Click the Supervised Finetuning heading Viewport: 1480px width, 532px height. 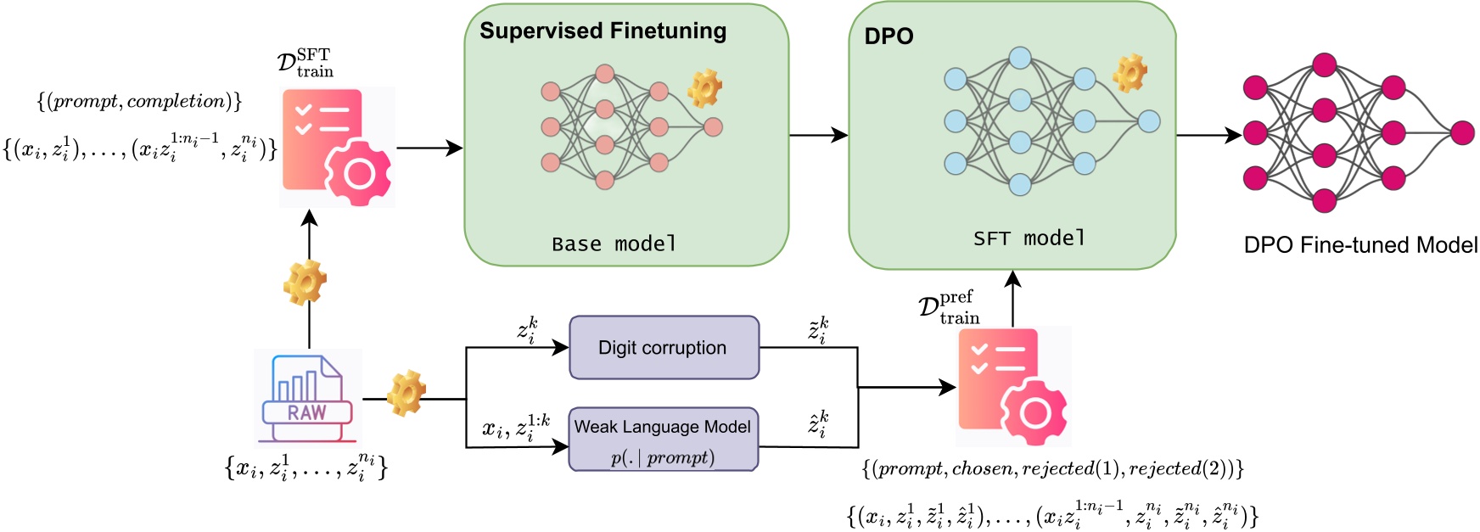pyautogui.click(x=603, y=31)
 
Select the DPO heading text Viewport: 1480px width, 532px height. pyautogui.click(x=889, y=36)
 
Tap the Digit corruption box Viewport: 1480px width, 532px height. pyautogui.click(x=664, y=348)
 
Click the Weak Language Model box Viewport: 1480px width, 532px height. pyautogui.click(x=663, y=440)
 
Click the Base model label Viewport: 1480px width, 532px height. pyautogui.click(x=614, y=244)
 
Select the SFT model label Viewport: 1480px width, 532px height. pyautogui.click(x=1029, y=238)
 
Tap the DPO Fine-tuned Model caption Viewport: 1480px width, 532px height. pyautogui.click(x=1359, y=245)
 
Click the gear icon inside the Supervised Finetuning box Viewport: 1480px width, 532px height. pyautogui.click(x=704, y=88)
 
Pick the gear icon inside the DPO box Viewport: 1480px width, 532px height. pyautogui.click(x=1130, y=73)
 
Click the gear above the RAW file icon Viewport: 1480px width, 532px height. pyautogui.click(x=305, y=283)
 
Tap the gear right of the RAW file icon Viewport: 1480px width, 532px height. pyautogui.click(x=406, y=393)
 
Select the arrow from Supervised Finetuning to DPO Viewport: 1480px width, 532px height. pyautogui.click(x=818, y=134)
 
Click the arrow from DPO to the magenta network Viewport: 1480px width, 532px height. pyautogui.click(x=1208, y=134)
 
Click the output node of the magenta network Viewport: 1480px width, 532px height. pyautogui.click(x=1462, y=132)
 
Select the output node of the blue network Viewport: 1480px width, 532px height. pyautogui.click(x=1149, y=121)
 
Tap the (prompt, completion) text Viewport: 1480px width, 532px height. pyautogui.click(x=140, y=102)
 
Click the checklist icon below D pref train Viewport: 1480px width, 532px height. pyautogui.click(x=1013, y=386)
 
